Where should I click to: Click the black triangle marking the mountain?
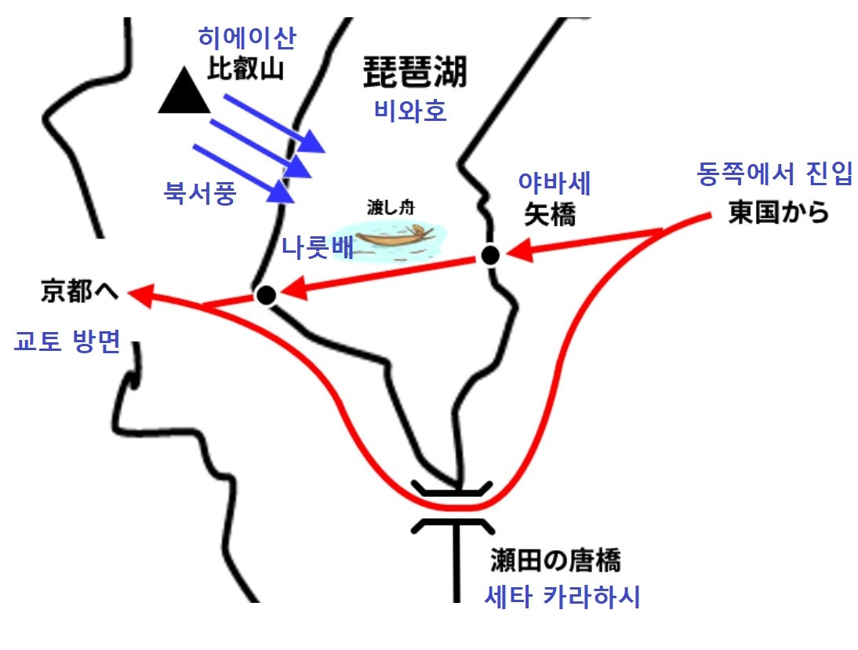pyautogui.click(x=184, y=93)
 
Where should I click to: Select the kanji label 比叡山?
pyautogui.click(x=245, y=71)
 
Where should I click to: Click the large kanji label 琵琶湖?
pyautogui.click(x=415, y=73)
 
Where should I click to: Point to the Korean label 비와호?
pyautogui.click(x=410, y=111)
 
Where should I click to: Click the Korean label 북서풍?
pyautogui.click(x=199, y=192)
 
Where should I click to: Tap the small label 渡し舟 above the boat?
pyautogui.click(x=390, y=208)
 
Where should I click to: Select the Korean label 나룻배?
pyautogui.click(x=318, y=248)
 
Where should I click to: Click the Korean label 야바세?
pyautogui.click(x=554, y=184)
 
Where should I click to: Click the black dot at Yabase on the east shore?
pyautogui.click(x=490, y=255)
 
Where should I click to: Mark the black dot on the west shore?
pyautogui.click(x=266, y=295)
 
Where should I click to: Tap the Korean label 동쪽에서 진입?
pyautogui.click(x=775, y=175)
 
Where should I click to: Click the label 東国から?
pyautogui.click(x=778, y=213)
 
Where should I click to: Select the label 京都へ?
pyautogui.click(x=79, y=292)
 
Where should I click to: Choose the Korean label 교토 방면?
pyautogui.click(x=67, y=342)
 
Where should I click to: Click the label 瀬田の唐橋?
pyautogui.click(x=554, y=562)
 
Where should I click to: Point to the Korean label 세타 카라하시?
pyautogui.click(x=562, y=597)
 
